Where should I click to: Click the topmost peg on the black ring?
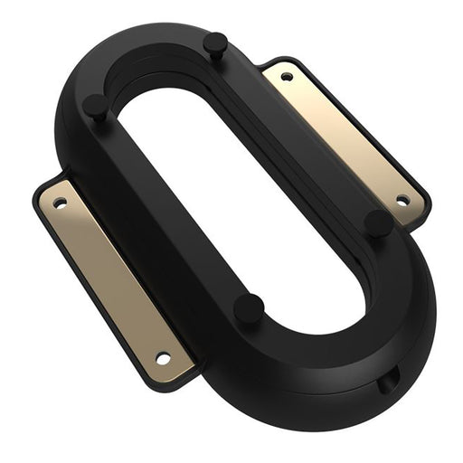click(x=215, y=42)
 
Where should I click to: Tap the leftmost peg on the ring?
click(x=95, y=105)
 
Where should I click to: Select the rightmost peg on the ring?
click(x=379, y=220)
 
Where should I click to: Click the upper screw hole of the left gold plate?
click(x=60, y=203)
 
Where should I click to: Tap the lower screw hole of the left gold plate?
click(x=163, y=358)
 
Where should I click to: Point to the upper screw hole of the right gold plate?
click(x=287, y=77)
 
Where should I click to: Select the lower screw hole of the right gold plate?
click(x=402, y=200)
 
